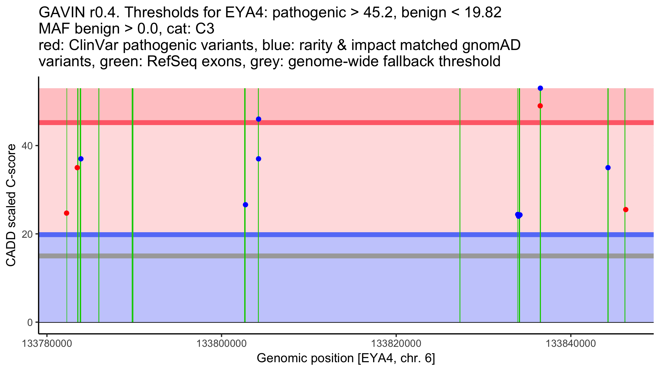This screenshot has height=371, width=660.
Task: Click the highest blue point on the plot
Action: click(540, 88)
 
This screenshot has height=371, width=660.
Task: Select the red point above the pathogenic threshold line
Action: click(540, 106)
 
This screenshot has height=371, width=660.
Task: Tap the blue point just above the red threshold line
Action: click(258, 119)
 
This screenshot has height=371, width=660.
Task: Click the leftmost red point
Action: click(67, 213)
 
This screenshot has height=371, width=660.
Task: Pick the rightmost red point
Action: click(626, 210)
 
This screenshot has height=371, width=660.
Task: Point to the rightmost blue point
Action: click(608, 168)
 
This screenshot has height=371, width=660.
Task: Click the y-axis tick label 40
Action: click(27, 146)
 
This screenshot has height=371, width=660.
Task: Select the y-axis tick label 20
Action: click(27, 234)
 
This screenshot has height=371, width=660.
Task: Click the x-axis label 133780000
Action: click(47, 344)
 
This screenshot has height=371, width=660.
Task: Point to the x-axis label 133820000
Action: click(396, 344)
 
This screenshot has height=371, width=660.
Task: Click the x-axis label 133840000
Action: click(571, 344)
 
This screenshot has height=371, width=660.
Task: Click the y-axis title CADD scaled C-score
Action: click(11, 205)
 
